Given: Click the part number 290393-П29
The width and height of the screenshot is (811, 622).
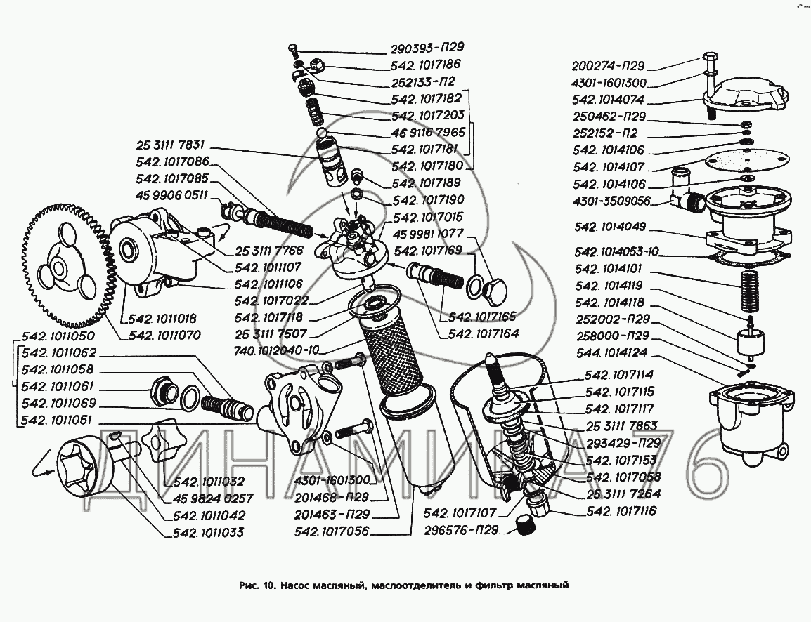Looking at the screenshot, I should coord(427,49).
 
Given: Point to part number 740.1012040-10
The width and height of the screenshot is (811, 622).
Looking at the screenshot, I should coord(278,350).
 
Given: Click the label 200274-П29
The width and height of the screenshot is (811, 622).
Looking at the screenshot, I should coord(608,67).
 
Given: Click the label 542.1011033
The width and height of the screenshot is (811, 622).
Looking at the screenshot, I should coord(208,532).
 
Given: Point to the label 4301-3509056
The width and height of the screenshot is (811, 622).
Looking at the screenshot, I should coord(611,201).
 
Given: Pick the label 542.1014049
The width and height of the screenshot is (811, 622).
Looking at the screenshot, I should coord(610,229).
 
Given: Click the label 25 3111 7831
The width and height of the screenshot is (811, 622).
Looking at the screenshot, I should coord(171,145).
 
